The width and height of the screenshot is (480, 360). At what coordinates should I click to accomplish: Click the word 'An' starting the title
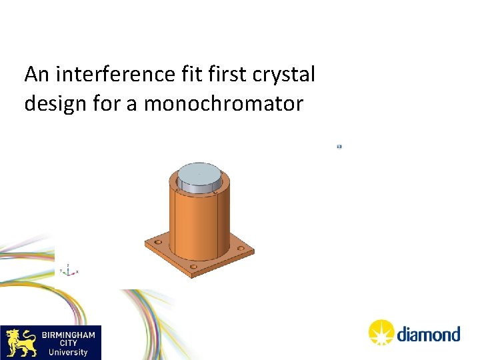pos(36,75)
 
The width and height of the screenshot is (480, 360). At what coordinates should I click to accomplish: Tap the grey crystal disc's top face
pos(198,173)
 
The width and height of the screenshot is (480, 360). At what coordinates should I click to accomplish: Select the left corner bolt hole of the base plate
pos(158,241)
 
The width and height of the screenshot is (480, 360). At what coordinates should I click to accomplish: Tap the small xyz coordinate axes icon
pos(68,270)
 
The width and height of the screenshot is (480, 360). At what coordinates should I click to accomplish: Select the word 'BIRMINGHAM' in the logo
pos(68,333)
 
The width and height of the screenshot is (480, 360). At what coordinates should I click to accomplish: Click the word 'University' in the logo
pos(68,352)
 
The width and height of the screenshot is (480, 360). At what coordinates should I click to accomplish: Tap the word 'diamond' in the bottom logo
pos(429,334)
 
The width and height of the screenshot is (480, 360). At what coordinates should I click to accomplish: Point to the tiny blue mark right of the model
pos(339,146)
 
